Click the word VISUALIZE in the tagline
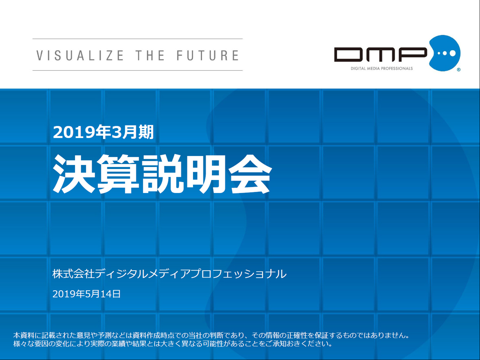click(x=80, y=56)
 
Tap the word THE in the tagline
click(x=150, y=56)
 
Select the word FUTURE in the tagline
click(x=207, y=56)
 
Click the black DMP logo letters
click(x=380, y=55)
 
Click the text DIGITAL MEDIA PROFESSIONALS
click(x=382, y=68)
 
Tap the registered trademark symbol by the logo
click(x=459, y=70)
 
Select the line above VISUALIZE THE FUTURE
click(x=138, y=39)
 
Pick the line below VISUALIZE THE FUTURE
click(x=138, y=70)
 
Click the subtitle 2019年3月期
click(x=103, y=132)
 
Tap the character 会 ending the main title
click(x=251, y=173)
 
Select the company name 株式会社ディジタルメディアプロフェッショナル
click(x=169, y=273)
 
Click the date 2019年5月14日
click(x=87, y=294)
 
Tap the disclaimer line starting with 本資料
click(x=211, y=335)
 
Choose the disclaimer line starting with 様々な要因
click(x=173, y=344)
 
